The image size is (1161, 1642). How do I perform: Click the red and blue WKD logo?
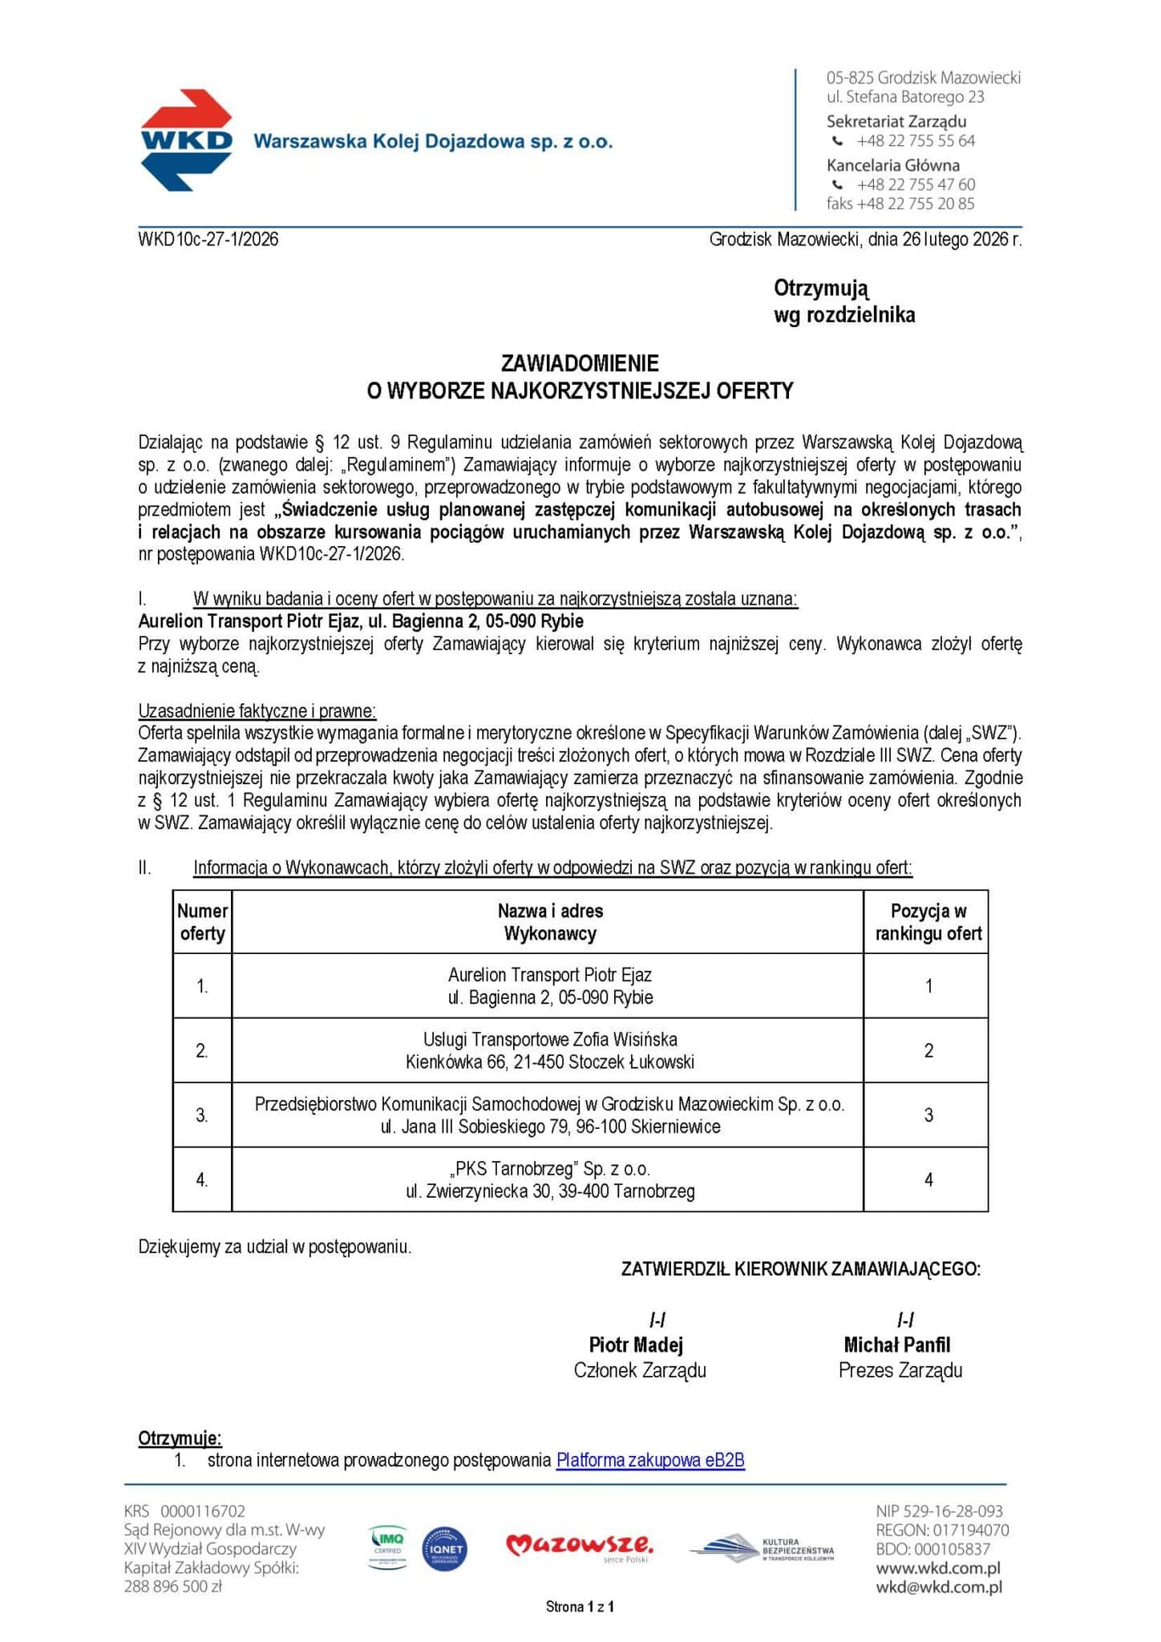[187, 140]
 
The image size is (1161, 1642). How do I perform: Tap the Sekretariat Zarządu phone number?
[915, 141]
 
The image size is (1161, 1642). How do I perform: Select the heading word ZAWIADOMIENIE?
[580, 363]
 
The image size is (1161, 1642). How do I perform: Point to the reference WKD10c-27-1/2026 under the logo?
[208, 239]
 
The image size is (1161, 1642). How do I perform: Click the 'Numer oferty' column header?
[203, 922]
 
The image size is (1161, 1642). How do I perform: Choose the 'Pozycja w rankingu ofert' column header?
[928, 922]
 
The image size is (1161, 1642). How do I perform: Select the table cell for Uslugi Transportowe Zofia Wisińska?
[549, 1050]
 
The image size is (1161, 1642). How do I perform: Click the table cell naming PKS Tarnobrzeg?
[549, 1179]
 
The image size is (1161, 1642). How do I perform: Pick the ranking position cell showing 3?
[928, 1115]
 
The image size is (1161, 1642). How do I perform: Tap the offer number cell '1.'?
[203, 987]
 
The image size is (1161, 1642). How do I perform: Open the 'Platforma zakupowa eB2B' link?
[650, 1460]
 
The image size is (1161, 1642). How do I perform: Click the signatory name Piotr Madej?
[636, 1345]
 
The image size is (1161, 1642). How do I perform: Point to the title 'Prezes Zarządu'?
[900, 1370]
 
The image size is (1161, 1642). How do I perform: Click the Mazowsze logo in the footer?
[579, 1547]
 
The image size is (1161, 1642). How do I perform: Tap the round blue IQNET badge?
[444, 1549]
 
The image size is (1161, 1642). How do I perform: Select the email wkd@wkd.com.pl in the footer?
[939, 1587]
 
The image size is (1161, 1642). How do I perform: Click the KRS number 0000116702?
[203, 1511]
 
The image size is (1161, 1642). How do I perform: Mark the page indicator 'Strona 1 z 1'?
[580, 1607]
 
